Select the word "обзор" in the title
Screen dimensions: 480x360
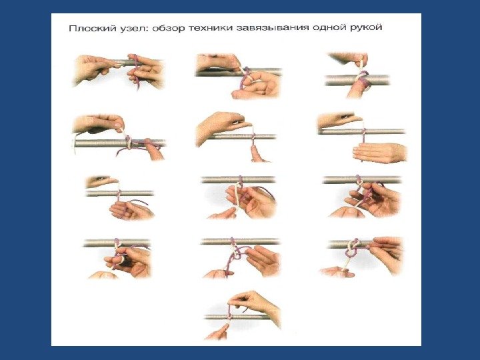pyautogui.click(x=168, y=28)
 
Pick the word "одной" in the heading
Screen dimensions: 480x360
pyautogui.click(x=329, y=28)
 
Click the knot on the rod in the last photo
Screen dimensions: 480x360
pyautogui.click(x=229, y=315)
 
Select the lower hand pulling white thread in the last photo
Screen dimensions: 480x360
pyautogui.click(x=217, y=332)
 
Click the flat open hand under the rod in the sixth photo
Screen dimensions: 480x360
pyautogui.click(x=379, y=153)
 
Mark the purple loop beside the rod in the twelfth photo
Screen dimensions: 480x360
pyautogui.click(x=351, y=251)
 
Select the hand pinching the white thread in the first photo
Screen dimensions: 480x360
pyautogui.click(x=92, y=69)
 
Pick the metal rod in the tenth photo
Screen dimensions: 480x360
pyautogui.click(x=117, y=243)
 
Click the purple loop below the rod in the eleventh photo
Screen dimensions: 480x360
pyautogui.click(x=237, y=253)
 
